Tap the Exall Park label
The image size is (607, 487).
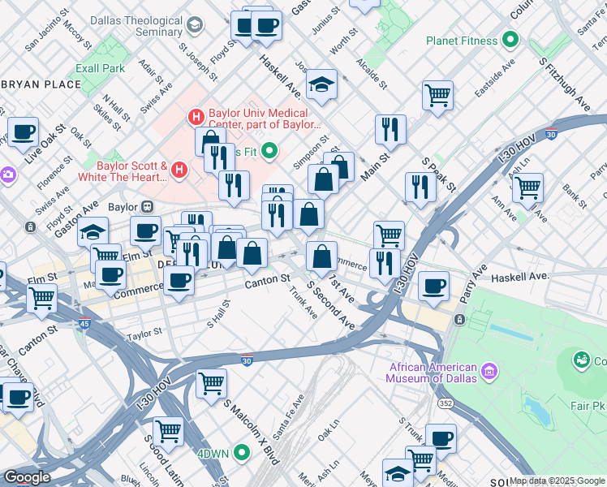(x=101, y=69)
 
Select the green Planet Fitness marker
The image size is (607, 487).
(x=510, y=39)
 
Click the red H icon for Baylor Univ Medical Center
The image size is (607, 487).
(x=195, y=118)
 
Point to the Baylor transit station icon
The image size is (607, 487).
(x=149, y=207)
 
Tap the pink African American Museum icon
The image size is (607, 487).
(x=489, y=372)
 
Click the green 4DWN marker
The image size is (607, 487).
(x=241, y=453)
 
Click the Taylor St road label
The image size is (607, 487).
(x=144, y=334)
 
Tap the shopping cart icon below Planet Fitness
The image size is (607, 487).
(x=437, y=95)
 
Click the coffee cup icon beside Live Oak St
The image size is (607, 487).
(x=23, y=131)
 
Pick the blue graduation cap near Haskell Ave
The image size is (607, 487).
(x=322, y=84)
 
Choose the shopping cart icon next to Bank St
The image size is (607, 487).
(x=527, y=188)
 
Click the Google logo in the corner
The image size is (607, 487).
(x=28, y=477)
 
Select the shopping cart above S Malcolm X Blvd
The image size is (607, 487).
(x=212, y=381)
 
